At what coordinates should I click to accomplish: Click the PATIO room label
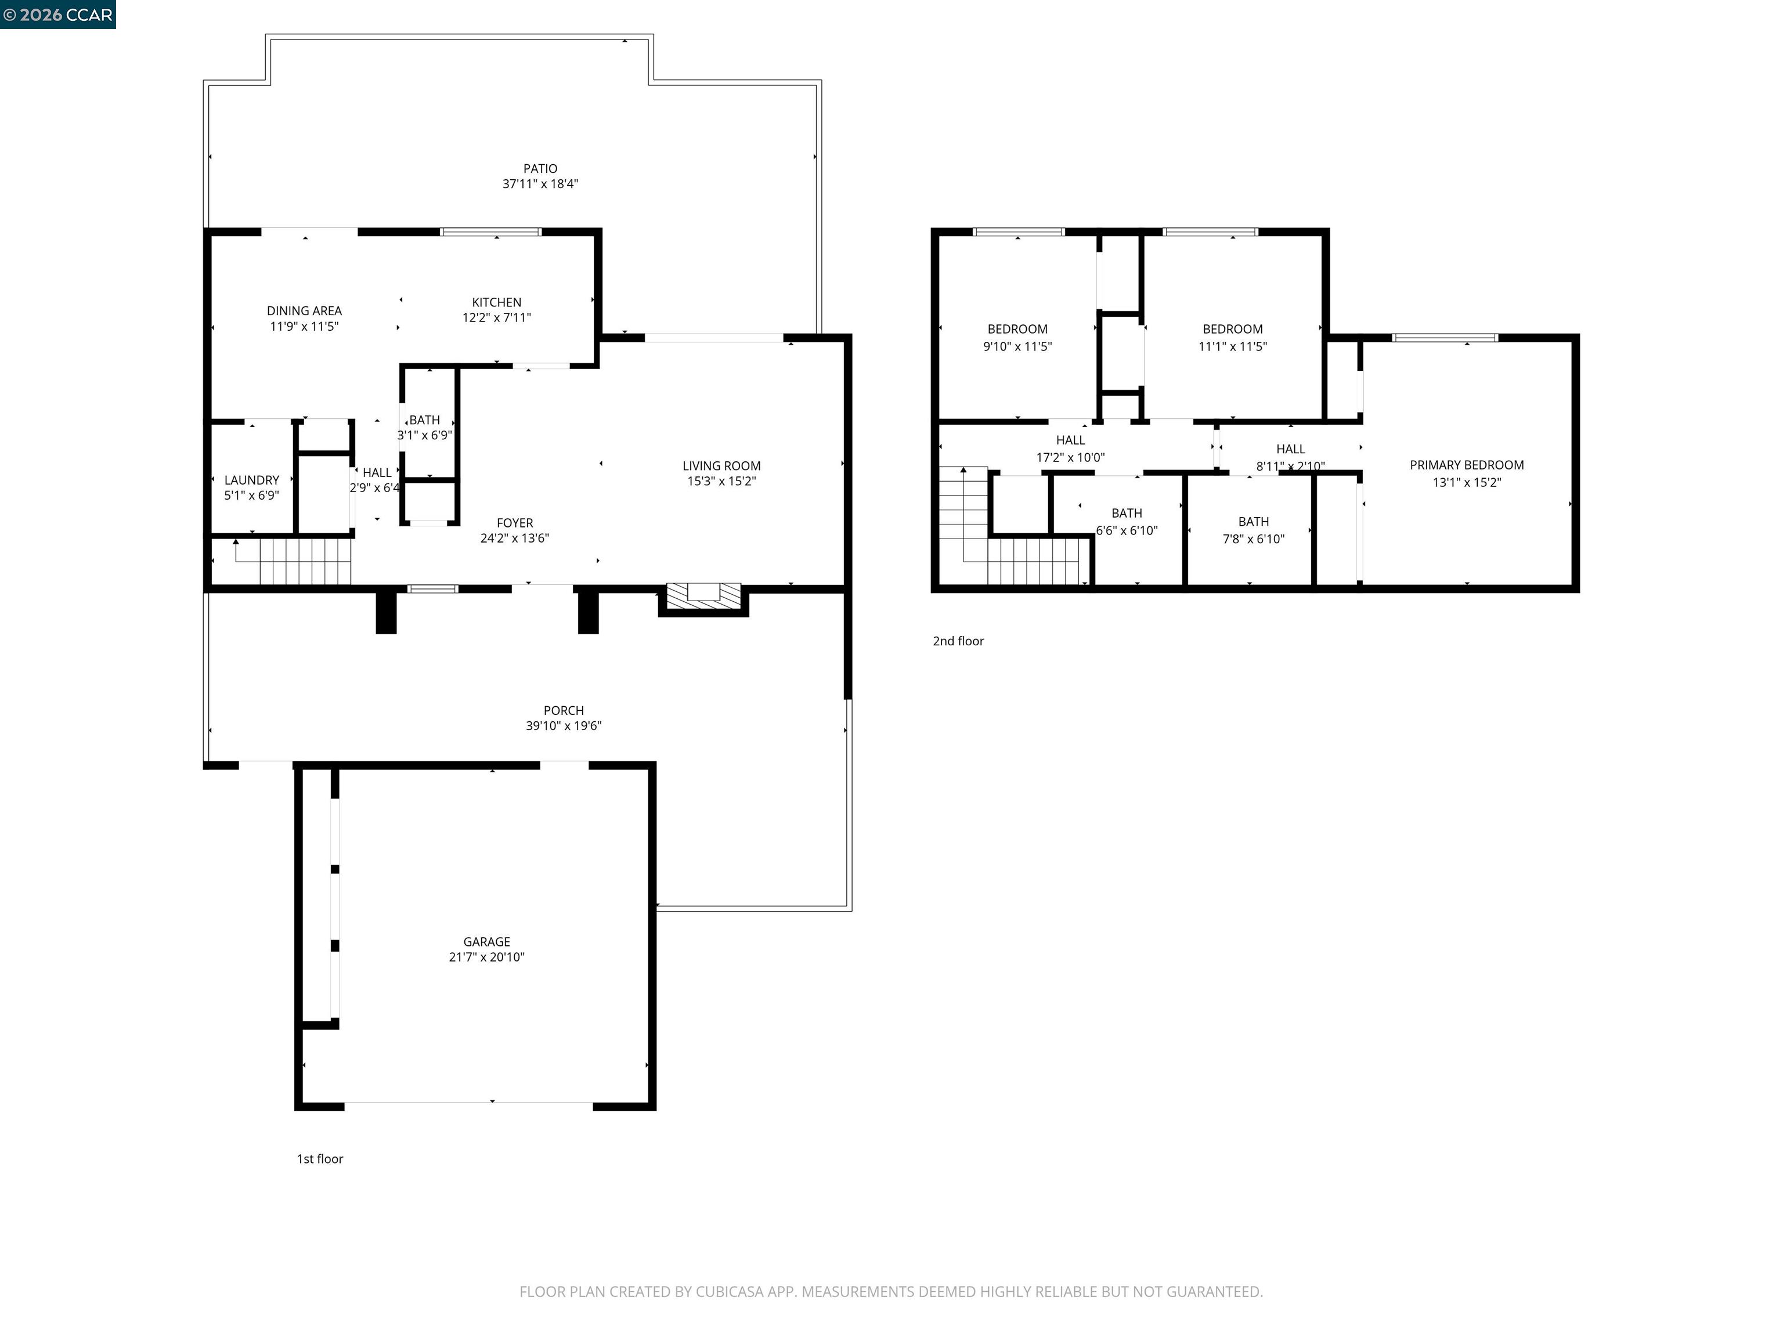tap(539, 168)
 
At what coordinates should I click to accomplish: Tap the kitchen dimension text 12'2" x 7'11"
tap(496, 317)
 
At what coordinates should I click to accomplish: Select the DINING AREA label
tap(304, 310)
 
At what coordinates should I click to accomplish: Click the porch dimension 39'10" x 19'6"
tap(564, 725)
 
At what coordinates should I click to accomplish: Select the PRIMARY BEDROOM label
tap(1466, 465)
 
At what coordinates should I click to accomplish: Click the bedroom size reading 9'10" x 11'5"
tap(1017, 346)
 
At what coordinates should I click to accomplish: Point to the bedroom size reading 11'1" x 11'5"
tap(1232, 346)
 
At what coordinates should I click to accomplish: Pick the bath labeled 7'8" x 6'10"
tap(1254, 530)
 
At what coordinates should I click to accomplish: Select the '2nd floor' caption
tap(958, 641)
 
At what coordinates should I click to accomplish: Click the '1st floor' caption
tap(320, 1159)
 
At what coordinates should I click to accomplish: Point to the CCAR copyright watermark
tap(57, 15)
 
